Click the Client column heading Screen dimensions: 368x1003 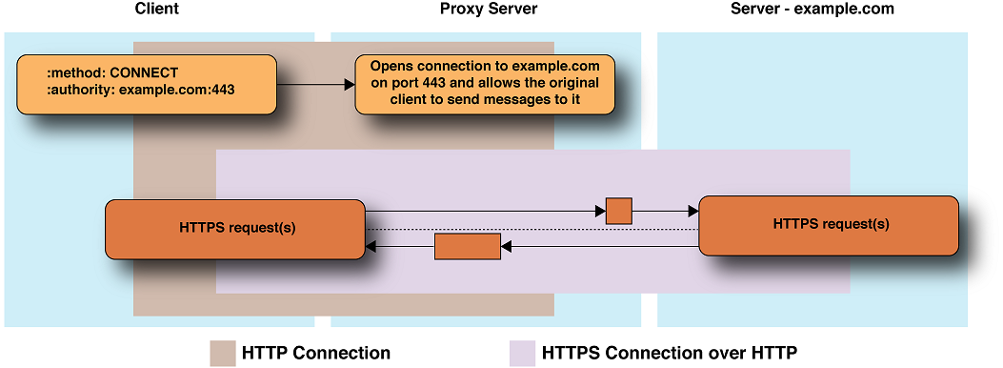157,10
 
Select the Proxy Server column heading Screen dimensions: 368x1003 489,10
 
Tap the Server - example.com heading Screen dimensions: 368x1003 812,10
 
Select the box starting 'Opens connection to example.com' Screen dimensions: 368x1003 485,84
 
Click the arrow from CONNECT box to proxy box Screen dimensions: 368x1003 314,84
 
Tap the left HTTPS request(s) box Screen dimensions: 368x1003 234,229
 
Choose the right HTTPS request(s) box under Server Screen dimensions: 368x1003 829,225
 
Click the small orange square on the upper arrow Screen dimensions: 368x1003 619,211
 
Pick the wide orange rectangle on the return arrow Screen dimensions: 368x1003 468,246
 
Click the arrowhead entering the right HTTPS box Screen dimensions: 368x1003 692,211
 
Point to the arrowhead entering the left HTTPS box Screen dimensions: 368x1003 371,247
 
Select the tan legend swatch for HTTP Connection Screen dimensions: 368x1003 222,353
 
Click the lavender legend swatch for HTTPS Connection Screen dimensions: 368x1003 522,353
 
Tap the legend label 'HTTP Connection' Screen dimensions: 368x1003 316,353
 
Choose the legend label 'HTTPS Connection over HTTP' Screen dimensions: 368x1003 669,353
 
